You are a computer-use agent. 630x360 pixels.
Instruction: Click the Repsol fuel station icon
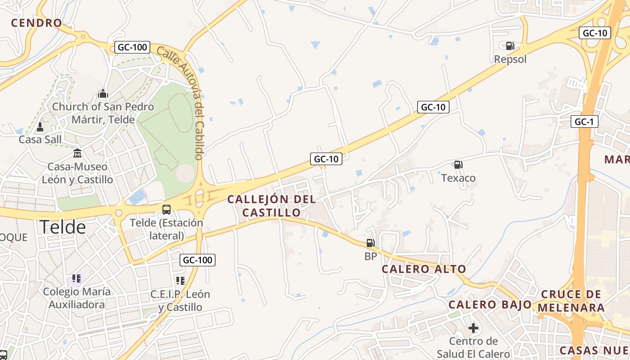(x=510, y=46)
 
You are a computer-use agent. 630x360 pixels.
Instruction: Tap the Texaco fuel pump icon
(x=458, y=165)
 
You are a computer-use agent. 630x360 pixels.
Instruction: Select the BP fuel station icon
(x=370, y=243)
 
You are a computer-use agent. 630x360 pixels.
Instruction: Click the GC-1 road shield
(x=584, y=121)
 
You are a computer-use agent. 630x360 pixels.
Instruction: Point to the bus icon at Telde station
(x=166, y=209)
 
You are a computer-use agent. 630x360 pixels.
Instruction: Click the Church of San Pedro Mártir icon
(x=103, y=94)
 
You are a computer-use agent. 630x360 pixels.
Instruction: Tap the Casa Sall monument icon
(x=40, y=127)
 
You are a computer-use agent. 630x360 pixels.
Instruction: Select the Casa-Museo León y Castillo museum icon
(x=77, y=153)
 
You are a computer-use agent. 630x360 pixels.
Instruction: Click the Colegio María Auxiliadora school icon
(x=76, y=279)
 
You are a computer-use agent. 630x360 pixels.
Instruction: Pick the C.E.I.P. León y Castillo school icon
(x=180, y=281)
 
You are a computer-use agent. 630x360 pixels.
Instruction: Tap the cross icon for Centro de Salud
(x=473, y=328)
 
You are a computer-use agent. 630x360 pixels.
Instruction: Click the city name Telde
(x=63, y=227)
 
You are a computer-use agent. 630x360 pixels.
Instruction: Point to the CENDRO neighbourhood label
(x=36, y=23)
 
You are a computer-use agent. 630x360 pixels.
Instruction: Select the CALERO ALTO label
(x=424, y=269)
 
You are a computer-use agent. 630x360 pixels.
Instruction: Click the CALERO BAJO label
(x=490, y=304)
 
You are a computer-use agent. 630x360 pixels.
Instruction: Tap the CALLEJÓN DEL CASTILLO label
(x=271, y=205)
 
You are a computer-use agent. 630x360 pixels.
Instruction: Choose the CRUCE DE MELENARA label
(x=571, y=301)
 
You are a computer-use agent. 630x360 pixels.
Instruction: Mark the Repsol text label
(x=510, y=59)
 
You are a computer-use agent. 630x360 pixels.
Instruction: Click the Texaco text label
(x=458, y=178)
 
